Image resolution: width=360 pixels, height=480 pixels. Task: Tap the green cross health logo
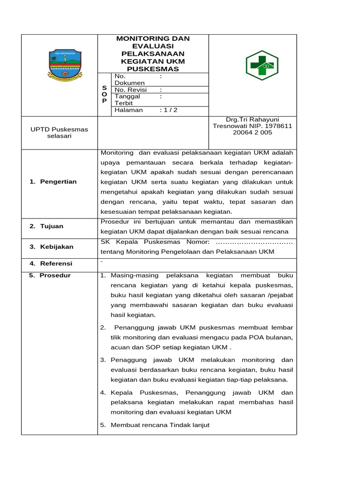click(262, 66)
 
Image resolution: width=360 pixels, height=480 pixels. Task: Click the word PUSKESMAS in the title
click(153, 69)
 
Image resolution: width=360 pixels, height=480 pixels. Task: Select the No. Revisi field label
click(131, 90)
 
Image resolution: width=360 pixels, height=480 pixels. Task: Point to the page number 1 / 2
click(169, 110)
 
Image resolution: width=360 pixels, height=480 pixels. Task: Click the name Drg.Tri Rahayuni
click(252, 119)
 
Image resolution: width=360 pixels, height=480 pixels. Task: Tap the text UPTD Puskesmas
click(59, 129)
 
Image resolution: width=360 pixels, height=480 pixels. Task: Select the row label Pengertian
click(58, 182)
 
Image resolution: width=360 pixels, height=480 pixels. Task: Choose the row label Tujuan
click(52, 226)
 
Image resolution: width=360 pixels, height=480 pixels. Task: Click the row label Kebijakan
click(56, 247)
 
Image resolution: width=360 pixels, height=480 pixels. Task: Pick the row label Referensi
click(56, 263)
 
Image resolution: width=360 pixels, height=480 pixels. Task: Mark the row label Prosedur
click(55, 275)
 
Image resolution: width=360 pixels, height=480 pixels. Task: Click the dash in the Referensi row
click(102, 261)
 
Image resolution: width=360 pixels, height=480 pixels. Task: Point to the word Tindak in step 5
click(176, 425)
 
